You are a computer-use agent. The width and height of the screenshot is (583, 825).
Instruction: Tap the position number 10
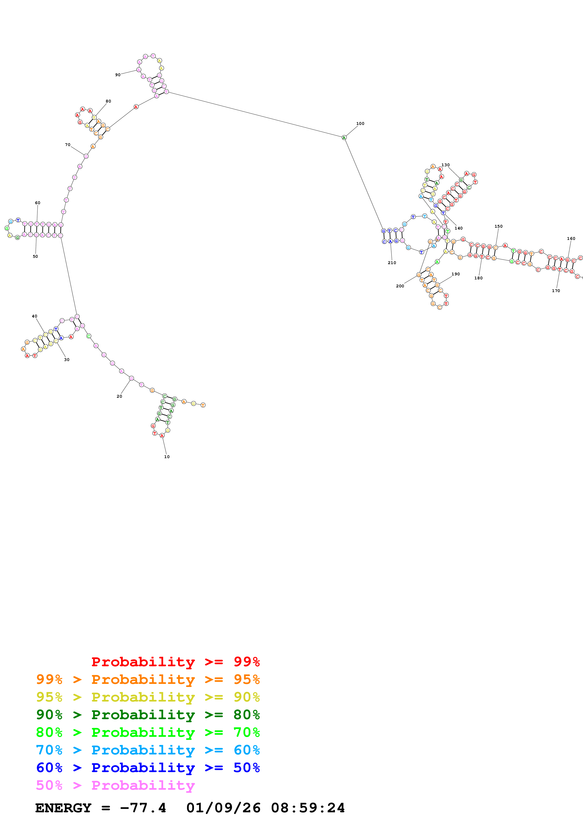[167, 457]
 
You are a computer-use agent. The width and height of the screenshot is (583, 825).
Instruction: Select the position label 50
[35, 257]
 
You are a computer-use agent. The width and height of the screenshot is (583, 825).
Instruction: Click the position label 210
[392, 263]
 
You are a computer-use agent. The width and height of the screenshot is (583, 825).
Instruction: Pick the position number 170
[556, 291]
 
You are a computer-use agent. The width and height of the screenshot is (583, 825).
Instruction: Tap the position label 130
[445, 165]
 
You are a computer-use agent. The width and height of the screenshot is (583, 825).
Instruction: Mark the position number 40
[35, 316]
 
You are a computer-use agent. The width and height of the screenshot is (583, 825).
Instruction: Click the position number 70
[67, 145]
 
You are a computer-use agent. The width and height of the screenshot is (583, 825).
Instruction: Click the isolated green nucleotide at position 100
[344, 138]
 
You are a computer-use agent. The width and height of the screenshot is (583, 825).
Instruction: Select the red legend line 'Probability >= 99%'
[175, 662]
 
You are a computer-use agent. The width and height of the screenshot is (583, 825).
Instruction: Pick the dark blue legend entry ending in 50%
[148, 768]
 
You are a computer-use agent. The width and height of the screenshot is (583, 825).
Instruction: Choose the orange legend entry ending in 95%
[148, 679]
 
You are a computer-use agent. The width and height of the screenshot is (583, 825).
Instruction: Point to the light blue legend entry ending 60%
[148, 750]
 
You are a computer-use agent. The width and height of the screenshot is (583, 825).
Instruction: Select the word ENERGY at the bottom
[63, 808]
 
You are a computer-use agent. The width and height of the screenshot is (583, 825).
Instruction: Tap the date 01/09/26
[223, 808]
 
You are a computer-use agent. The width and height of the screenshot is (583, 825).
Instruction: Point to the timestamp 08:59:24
[308, 808]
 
